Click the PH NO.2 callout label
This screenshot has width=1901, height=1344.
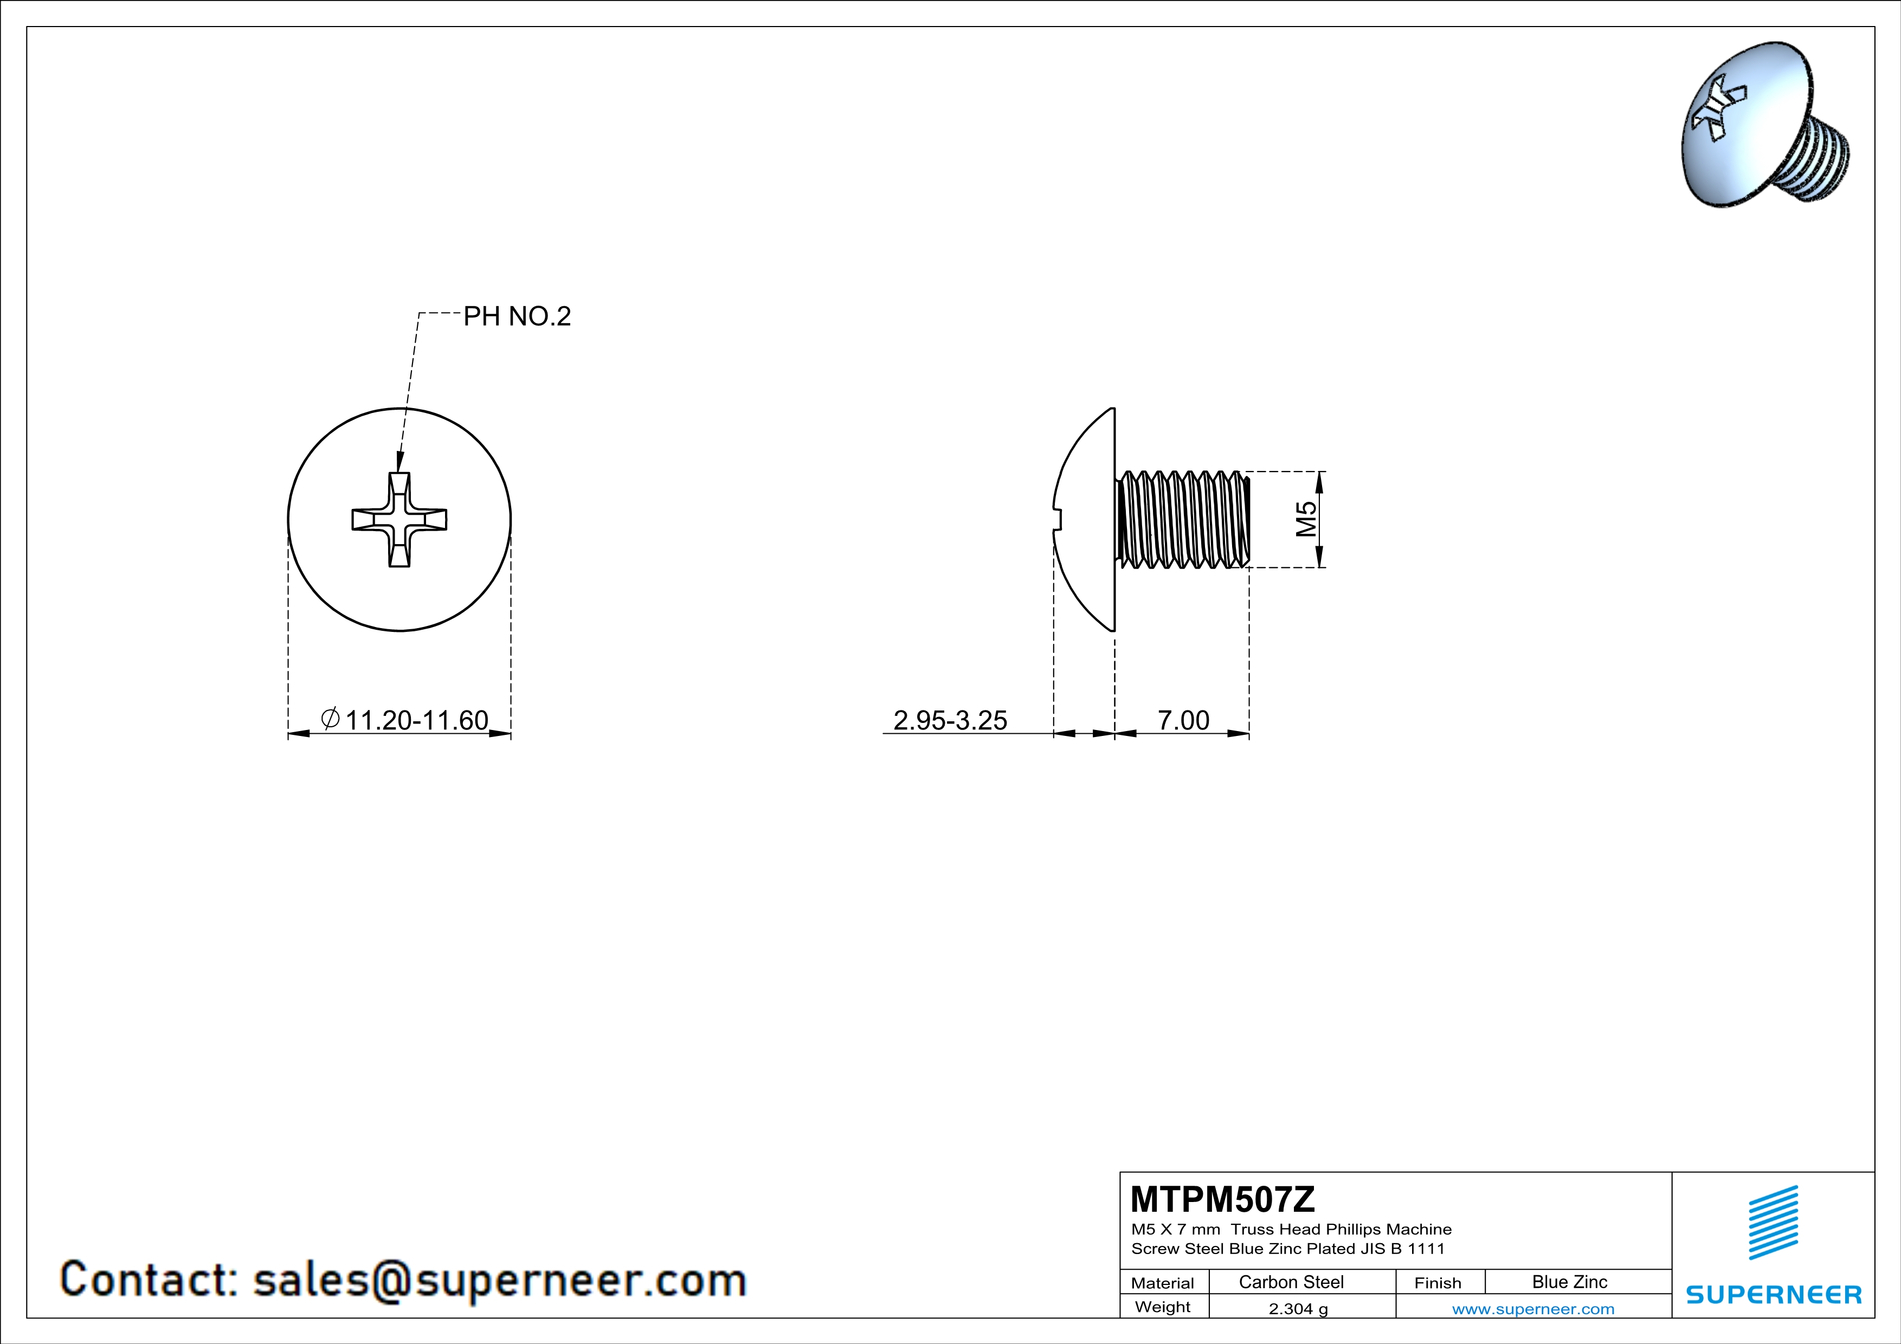517,316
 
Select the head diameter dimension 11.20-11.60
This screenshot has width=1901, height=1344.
416,720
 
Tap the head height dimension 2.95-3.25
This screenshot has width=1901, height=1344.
951,720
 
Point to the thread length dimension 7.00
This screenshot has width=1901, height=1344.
1183,720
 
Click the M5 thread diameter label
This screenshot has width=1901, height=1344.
1306,519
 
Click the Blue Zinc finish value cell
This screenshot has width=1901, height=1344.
1570,1282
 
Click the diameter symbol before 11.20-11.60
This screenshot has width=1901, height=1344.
330,719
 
